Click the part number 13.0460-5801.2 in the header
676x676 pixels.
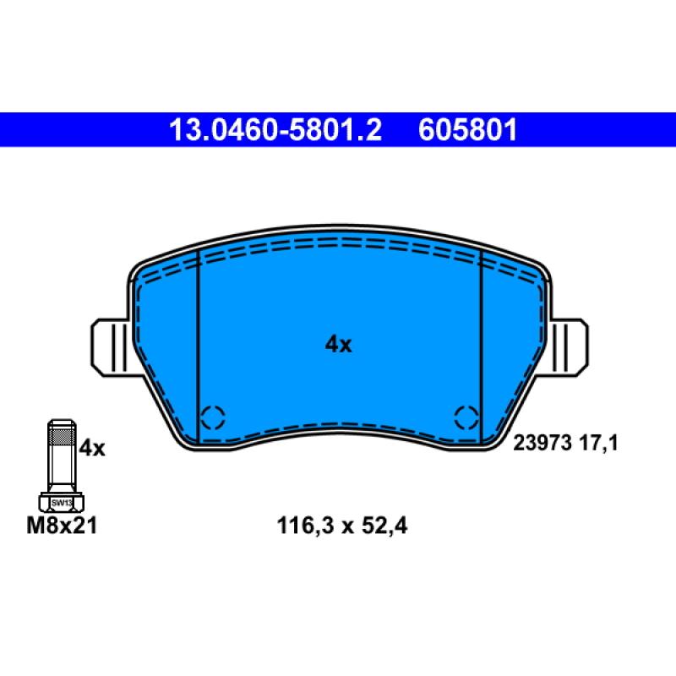(275, 130)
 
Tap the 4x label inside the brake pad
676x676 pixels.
(338, 344)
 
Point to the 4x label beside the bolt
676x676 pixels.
(91, 448)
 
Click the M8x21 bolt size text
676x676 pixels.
(64, 526)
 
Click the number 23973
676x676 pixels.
(543, 442)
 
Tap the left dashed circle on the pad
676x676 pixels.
(213, 417)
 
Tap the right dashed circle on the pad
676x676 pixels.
(465, 417)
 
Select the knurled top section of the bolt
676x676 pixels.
(62, 437)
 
